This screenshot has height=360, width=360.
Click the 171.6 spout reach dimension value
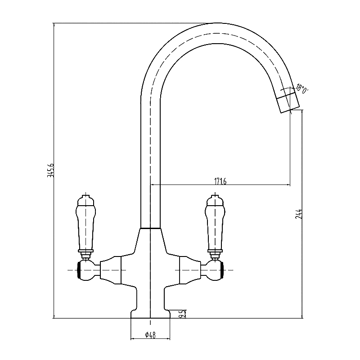click(x=220, y=181)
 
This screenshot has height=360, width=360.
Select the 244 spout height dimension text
click(x=298, y=214)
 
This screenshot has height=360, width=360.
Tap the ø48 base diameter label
click(x=150, y=335)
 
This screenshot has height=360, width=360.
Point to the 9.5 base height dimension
click(x=181, y=314)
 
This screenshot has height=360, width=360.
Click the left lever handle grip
click(x=85, y=225)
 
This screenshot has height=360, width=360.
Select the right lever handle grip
click(x=215, y=225)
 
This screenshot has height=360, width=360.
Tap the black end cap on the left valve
click(x=80, y=270)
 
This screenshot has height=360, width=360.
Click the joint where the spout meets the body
click(x=150, y=229)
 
